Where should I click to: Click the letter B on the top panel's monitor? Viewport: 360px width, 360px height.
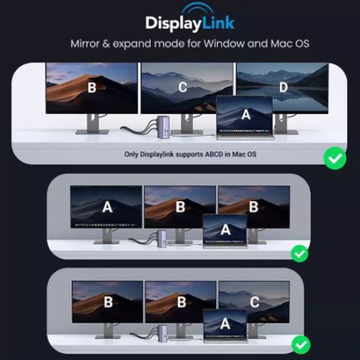pyautogui.click(x=92, y=87)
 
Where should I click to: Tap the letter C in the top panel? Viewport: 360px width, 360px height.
pyautogui.click(x=183, y=87)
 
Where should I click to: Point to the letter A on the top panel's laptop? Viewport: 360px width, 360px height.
pyautogui.click(x=245, y=115)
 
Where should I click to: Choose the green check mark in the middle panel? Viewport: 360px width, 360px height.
pyautogui.click(x=299, y=252)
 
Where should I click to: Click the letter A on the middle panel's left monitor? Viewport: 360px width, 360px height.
pyautogui.click(x=107, y=207)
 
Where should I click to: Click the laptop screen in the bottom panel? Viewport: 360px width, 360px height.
pyautogui.click(x=225, y=324)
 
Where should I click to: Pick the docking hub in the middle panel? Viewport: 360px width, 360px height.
pyautogui.click(x=159, y=240)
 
